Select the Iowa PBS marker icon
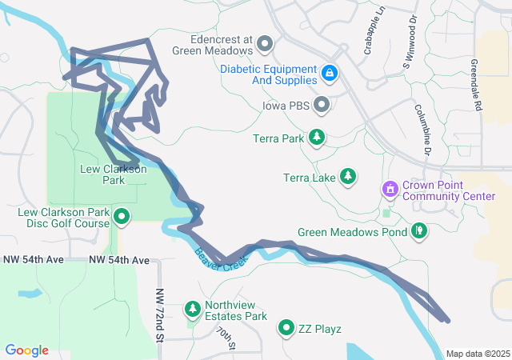(x=322, y=105)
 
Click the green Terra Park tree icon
(x=318, y=138)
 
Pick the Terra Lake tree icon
(x=348, y=176)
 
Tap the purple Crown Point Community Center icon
(x=390, y=190)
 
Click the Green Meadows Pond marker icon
(x=418, y=232)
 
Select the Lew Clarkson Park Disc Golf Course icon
(x=122, y=216)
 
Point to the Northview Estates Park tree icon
(x=193, y=309)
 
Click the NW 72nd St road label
(x=159, y=317)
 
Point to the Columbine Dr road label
(x=422, y=128)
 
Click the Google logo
(x=27, y=350)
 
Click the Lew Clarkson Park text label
(x=114, y=174)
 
